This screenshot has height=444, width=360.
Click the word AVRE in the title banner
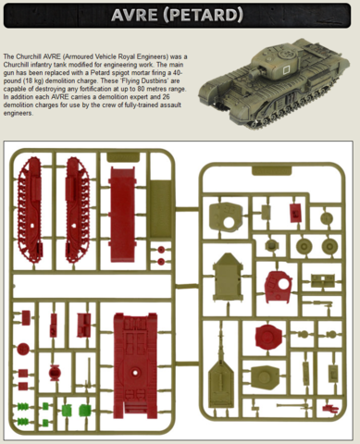coord(133,15)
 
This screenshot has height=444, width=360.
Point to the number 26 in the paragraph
coord(173,97)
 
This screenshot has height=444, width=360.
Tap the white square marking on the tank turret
coord(286,69)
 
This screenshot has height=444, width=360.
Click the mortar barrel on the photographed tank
coord(254,73)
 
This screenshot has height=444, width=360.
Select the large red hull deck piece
coord(135,365)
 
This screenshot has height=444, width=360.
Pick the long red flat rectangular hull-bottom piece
coord(122,215)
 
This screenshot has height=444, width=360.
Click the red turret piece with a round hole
coord(279,286)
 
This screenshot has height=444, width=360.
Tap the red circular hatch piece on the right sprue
coord(268,337)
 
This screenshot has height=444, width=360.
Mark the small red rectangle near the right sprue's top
coord(296,213)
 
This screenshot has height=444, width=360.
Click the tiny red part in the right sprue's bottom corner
coord(330,409)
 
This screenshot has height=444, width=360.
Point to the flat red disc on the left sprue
coord(23,349)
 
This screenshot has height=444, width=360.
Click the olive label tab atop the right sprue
coord(271,170)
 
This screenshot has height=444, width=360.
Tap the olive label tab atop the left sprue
coord(123,157)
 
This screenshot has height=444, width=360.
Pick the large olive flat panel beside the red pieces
coord(160,209)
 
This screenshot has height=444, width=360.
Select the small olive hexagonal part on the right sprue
coord(272,246)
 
